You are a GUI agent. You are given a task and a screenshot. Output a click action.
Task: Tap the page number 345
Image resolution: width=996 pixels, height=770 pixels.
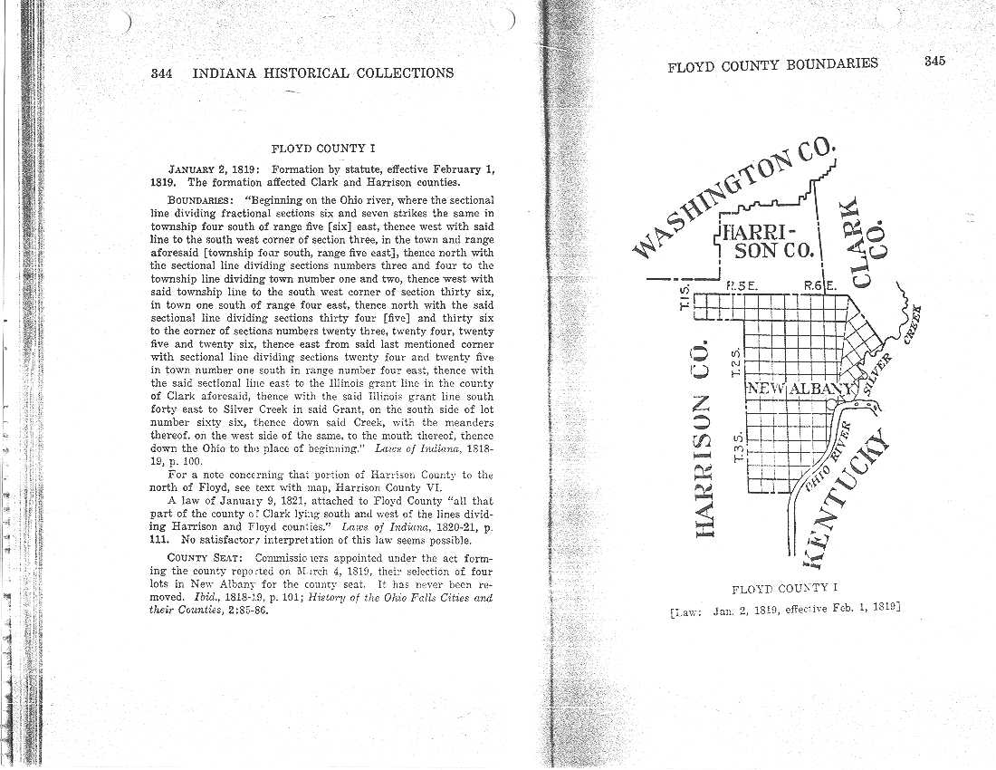point(934,62)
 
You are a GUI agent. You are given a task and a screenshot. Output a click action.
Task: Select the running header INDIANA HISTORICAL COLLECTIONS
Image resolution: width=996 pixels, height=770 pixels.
point(323,72)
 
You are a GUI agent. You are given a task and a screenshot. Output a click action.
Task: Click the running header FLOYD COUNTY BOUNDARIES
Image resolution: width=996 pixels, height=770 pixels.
point(772,64)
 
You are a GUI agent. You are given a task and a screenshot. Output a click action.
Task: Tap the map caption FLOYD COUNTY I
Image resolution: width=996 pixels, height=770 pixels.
point(786,590)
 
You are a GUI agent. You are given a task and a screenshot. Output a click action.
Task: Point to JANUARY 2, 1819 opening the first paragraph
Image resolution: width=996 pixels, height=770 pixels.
point(215,168)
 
